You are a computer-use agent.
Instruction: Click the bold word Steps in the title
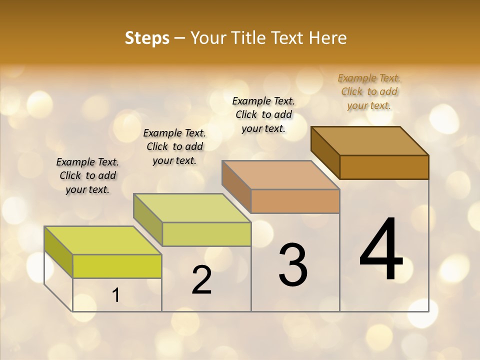(147, 38)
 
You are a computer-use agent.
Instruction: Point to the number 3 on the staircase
(293, 264)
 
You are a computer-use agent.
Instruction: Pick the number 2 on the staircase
(202, 280)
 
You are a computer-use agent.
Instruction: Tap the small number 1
(116, 295)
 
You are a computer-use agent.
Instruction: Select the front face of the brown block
(384, 167)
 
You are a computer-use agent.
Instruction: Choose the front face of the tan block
(295, 201)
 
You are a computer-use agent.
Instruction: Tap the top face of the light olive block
(192, 208)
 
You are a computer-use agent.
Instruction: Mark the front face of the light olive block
(206, 234)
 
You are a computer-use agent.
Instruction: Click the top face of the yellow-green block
(103, 240)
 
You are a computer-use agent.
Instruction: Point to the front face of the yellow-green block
(117, 266)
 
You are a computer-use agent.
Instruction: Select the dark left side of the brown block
(325, 152)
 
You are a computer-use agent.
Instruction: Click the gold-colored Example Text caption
(369, 91)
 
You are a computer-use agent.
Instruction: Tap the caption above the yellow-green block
(87, 175)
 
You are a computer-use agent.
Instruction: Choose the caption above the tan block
(263, 114)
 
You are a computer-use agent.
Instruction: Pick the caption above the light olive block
(174, 146)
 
